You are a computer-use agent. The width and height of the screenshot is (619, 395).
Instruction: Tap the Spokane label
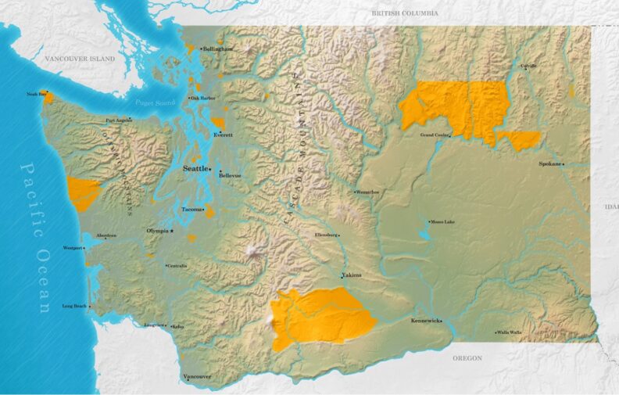tap(549, 163)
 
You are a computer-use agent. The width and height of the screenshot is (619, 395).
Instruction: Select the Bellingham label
tap(218, 48)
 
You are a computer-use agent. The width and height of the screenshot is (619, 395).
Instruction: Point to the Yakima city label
tap(352, 275)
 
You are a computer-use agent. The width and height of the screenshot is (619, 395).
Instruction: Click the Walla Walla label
tap(510, 332)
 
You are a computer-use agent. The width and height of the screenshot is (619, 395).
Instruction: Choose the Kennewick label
tap(426, 321)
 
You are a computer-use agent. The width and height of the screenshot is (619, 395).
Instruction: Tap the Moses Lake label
tap(442, 222)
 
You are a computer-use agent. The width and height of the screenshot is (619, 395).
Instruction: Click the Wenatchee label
tap(367, 192)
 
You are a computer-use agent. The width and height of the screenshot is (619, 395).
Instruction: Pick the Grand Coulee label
tap(435, 135)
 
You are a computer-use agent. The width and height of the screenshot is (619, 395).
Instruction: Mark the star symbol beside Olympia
tap(172, 232)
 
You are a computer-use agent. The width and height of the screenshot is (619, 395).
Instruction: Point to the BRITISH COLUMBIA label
tap(405, 13)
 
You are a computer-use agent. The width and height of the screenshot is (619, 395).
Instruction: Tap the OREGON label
tap(467, 358)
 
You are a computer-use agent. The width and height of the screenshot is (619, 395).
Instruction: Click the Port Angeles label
tap(118, 120)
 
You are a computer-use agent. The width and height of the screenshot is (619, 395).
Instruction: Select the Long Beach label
tap(74, 306)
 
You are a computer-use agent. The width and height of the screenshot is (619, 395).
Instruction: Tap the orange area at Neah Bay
tap(49, 99)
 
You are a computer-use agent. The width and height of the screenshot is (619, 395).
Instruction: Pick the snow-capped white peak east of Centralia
tap(252, 251)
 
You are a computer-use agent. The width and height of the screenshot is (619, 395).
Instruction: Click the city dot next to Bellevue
tap(220, 171)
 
